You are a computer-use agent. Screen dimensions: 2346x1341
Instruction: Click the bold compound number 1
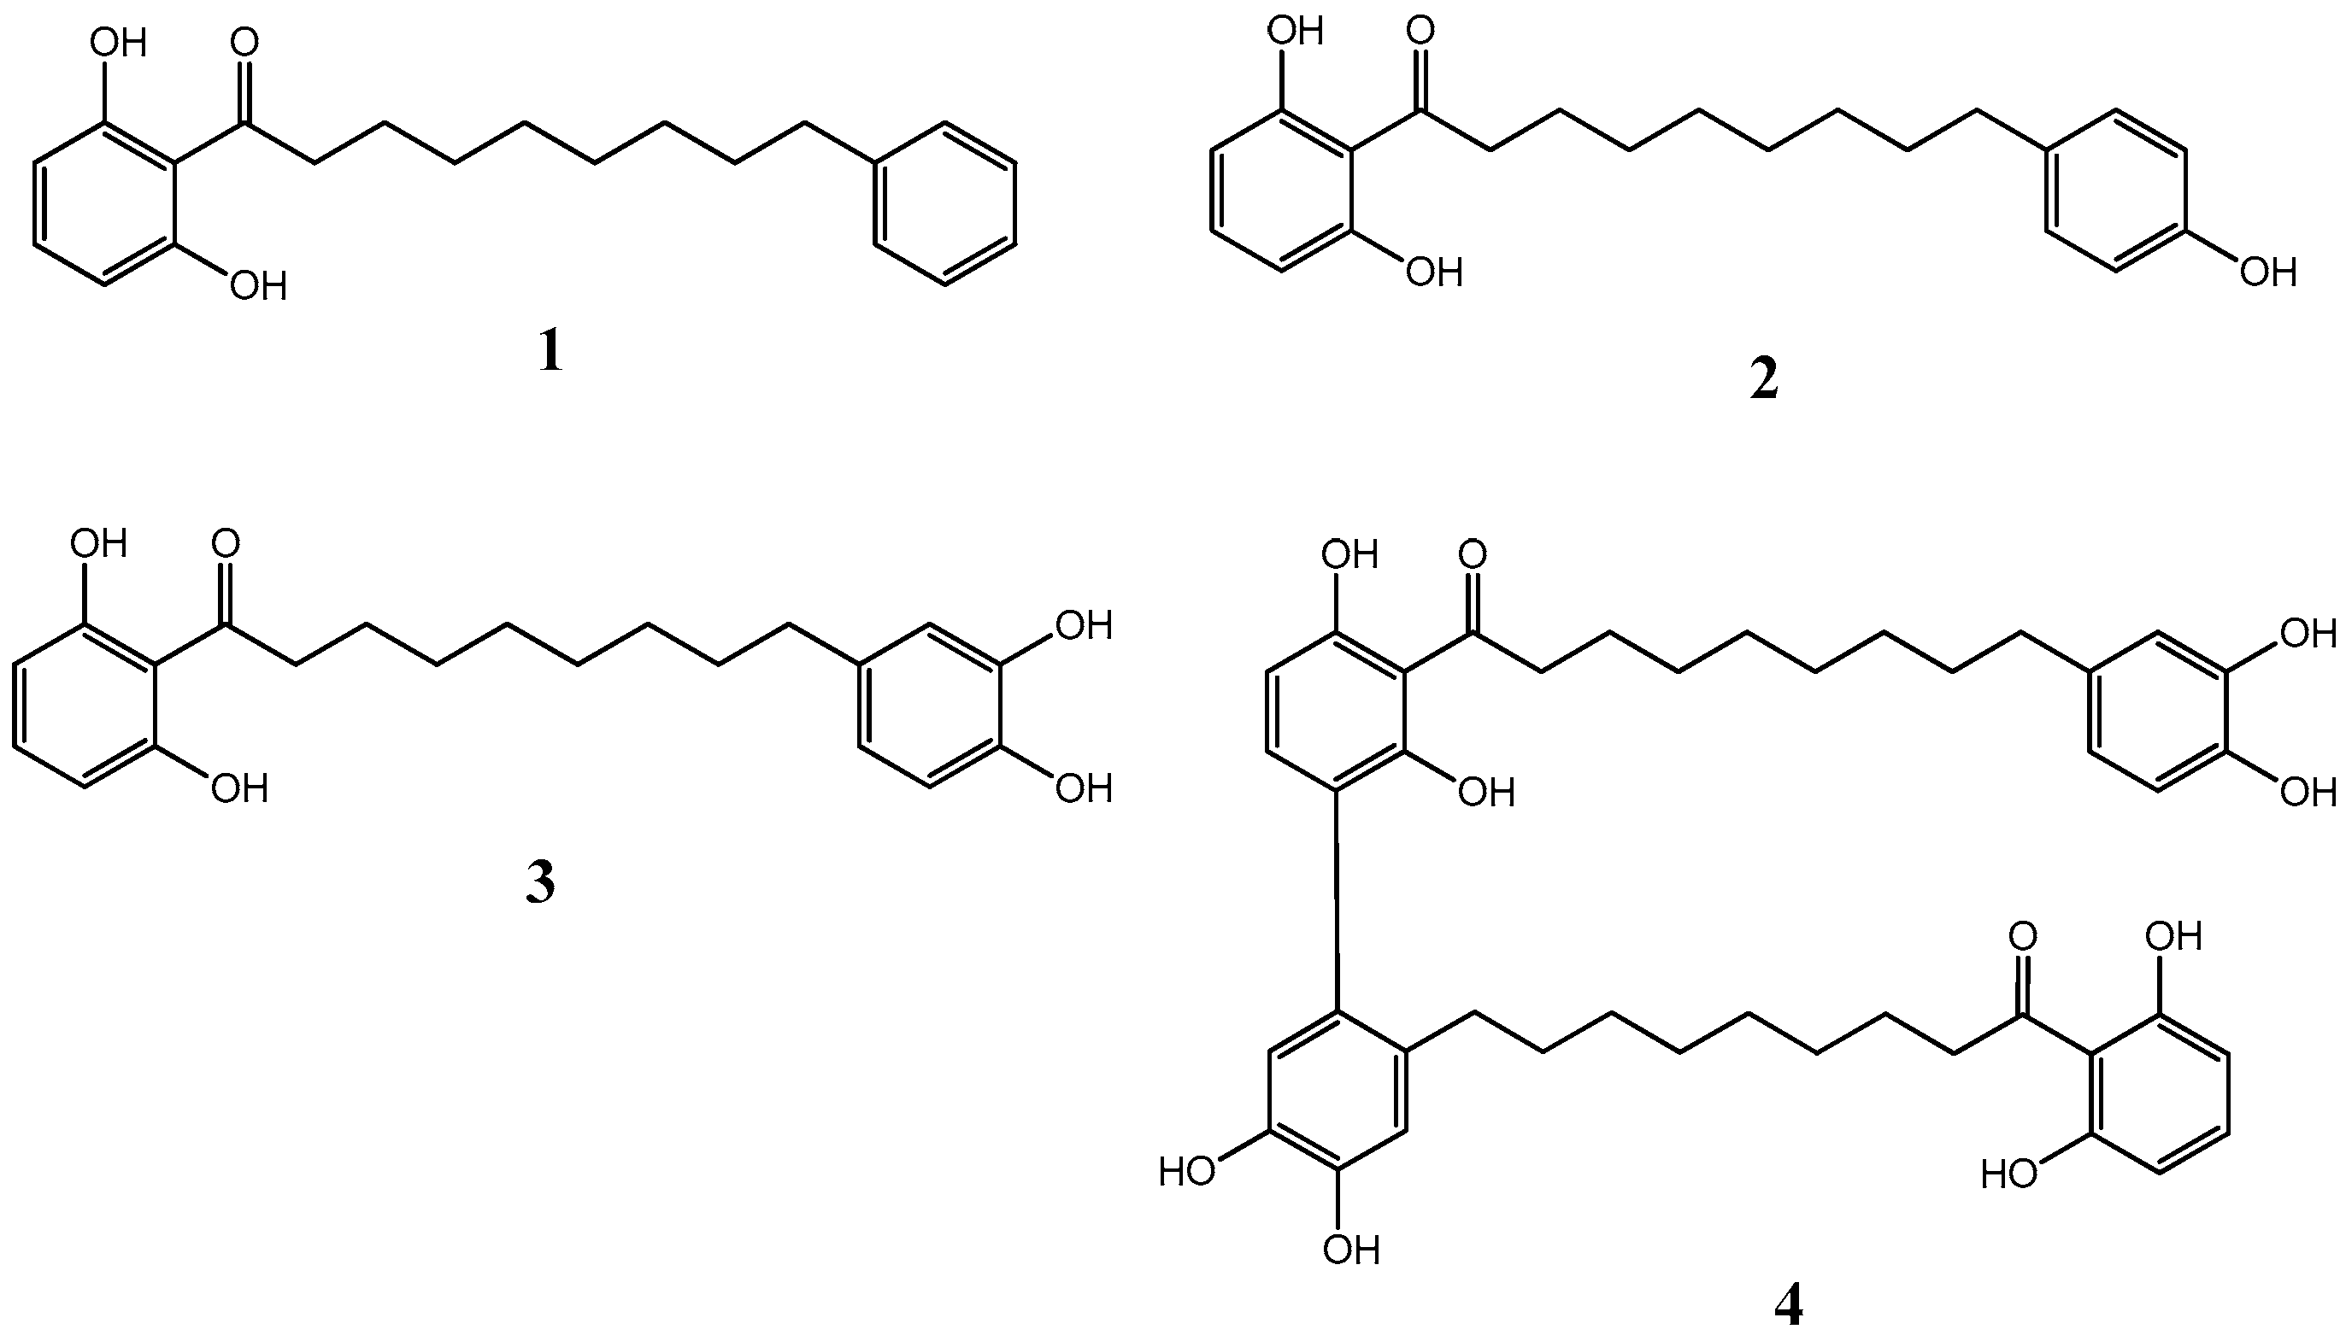click(550, 352)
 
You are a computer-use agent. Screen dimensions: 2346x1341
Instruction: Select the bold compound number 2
click(1763, 380)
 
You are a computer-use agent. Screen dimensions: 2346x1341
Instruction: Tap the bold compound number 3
click(540, 883)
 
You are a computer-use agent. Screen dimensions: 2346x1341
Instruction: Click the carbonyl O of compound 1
click(244, 44)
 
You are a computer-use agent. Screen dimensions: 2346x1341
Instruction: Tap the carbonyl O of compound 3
click(225, 543)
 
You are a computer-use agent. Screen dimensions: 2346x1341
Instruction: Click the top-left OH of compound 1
click(120, 44)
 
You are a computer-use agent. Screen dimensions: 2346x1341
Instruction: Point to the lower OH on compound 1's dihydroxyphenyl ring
click(258, 285)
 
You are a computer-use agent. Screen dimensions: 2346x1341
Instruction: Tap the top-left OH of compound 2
click(1296, 32)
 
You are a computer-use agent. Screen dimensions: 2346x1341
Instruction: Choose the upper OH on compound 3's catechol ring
click(1084, 626)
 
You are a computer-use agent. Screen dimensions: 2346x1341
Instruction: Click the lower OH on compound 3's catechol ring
click(1084, 788)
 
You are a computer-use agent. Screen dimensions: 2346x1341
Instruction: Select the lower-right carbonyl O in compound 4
click(2023, 938)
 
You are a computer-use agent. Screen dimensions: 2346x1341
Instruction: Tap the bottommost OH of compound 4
click(1351, 1250)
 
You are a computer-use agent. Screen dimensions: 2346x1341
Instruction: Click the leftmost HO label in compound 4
click(1187, 1173)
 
